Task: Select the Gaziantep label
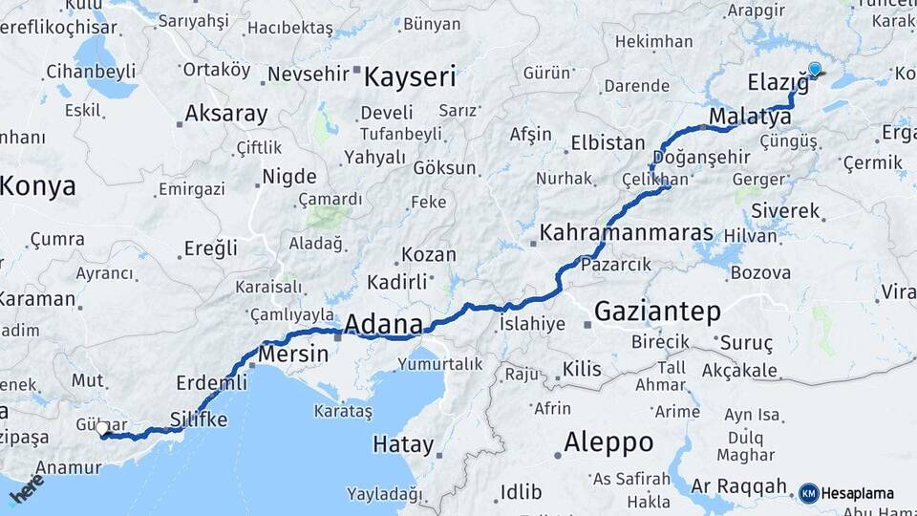click(656, 312)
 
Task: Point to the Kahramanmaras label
click(627, 232)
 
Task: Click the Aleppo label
click(608, 442)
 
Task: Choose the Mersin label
click(293, 353)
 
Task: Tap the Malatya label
click(750, 117)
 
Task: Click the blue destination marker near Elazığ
click(814, 69)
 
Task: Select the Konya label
click(38, 186)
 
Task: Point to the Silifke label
click(198, 419)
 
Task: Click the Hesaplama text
click(858, 493)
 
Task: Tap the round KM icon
click(808, 493)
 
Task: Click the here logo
click(26, 489)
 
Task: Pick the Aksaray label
click(225, 114)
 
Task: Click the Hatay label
click(402, 445)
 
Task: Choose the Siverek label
click(785, 209)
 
